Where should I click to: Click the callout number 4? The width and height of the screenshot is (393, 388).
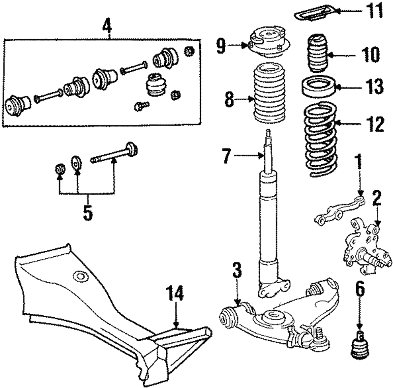point(107,27)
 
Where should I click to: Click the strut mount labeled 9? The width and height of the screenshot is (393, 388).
point(268,39)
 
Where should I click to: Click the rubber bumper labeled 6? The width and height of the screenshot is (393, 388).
point(359,346)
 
